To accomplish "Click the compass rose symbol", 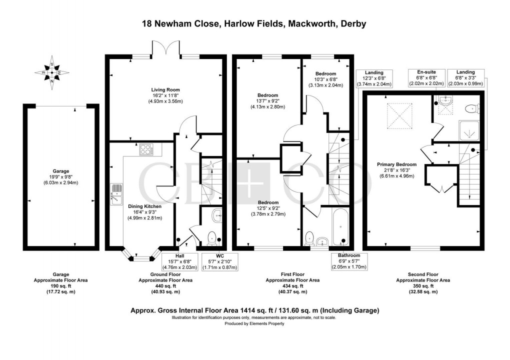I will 52,73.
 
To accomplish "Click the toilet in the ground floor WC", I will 211,236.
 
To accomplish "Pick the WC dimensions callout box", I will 219,261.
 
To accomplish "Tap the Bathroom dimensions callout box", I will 348,261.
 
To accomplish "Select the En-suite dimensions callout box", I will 424,78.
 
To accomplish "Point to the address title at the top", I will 254,23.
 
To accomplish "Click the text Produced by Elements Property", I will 254,323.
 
